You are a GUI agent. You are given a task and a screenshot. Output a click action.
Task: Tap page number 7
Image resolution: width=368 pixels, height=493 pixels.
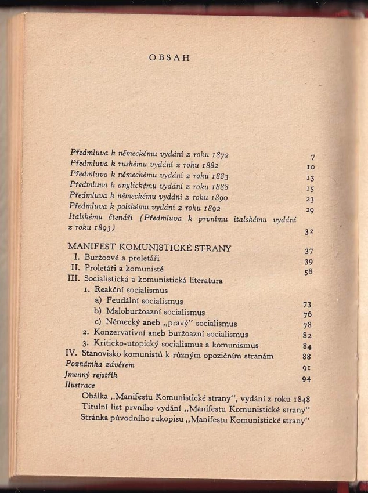tap(312, 158)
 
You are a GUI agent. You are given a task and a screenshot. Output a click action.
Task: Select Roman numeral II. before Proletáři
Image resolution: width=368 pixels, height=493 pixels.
tap(75, 269)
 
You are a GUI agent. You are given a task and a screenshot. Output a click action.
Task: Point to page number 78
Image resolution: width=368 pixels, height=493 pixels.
tap(308, 325)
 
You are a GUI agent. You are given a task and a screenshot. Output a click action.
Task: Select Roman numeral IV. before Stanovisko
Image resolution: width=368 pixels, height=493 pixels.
tap(73, 356)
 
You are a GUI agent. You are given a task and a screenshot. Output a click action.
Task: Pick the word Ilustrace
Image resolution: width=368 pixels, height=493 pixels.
tap(80, 385)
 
